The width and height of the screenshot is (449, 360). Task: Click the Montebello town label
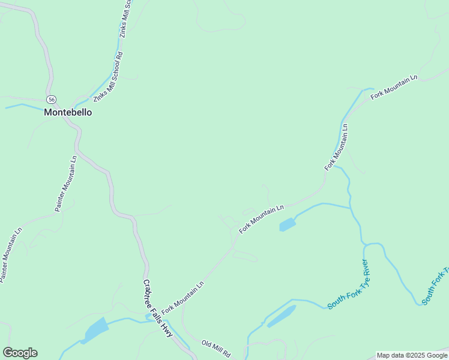tap(68, 112)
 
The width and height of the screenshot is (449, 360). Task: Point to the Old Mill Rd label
tap(216, 349)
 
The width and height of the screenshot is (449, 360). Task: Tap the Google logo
tap(20, 353)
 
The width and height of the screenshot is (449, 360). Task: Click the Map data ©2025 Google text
tap(412, 355)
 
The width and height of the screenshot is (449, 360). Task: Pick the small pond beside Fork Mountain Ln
tap(288, 225)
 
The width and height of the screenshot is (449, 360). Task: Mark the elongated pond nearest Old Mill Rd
tap(282, 316)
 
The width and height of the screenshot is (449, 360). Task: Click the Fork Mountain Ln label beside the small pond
tap(261, 218)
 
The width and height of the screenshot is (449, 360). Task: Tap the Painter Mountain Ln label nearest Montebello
tap(67, 184)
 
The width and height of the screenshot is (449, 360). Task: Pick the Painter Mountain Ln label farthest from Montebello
tap(11, 256)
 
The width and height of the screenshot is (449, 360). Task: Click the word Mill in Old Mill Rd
tap(217, 349)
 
